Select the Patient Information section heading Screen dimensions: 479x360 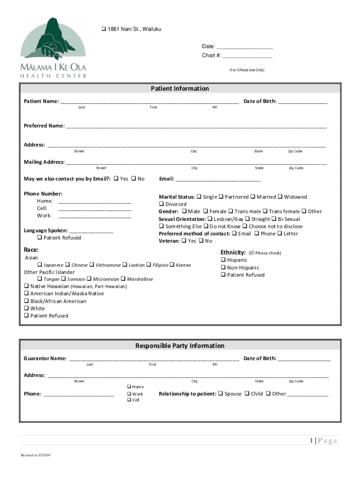tap(180, 88)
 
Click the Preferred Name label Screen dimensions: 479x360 tap(44, 126)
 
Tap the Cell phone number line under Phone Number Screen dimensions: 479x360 tap(94, 209)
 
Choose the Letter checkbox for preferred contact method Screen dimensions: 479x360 tap(279, 233)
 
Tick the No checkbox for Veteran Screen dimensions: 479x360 tap(201, 241)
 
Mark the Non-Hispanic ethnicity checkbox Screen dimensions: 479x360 tap(223, 268)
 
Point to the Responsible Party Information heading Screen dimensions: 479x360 tap(180, 346)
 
